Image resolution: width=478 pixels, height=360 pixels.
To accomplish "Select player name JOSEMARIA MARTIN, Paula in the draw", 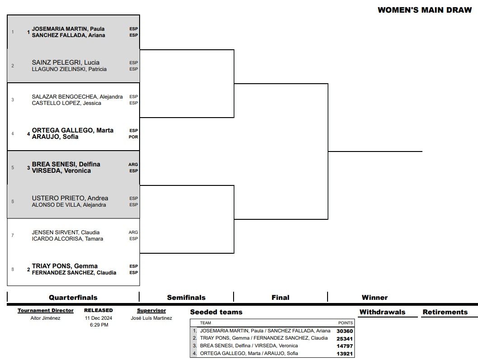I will click(68, 29).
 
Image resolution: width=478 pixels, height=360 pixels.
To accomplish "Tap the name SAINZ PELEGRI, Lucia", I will click(66, 62).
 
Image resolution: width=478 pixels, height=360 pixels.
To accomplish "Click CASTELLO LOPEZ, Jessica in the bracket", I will click(66, 103).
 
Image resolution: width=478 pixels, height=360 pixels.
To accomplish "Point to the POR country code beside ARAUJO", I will click(133, 137).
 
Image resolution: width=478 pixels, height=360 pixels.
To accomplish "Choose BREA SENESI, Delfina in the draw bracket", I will click(66, 164).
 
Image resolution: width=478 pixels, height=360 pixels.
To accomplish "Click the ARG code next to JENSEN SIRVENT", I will click(133, 232).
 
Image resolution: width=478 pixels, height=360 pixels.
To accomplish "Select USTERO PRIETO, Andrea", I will click(70, 198).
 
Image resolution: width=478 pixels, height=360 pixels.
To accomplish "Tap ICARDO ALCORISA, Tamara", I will click(67, 239).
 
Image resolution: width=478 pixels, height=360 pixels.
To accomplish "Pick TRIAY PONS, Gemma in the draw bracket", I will click(65, 266).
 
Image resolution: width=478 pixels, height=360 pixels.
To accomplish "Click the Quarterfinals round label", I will click(73, 298).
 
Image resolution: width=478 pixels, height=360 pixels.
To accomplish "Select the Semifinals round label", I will click(186, 298).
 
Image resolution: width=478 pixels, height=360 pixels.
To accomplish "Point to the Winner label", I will click(375, 298).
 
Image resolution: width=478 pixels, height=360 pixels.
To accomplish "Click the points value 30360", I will click(345, 331).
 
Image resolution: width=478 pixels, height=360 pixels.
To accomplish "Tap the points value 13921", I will click(345, 353).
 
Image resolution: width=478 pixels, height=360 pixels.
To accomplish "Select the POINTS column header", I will click(346, 323).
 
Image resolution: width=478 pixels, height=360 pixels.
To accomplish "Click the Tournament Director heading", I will click(46, 311).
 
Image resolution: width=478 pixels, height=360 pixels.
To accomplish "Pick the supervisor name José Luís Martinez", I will click(151, 318).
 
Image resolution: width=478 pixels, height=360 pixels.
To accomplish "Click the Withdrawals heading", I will click(382, 312).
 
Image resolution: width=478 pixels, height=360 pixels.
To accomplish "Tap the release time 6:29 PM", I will click(98, 325).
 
